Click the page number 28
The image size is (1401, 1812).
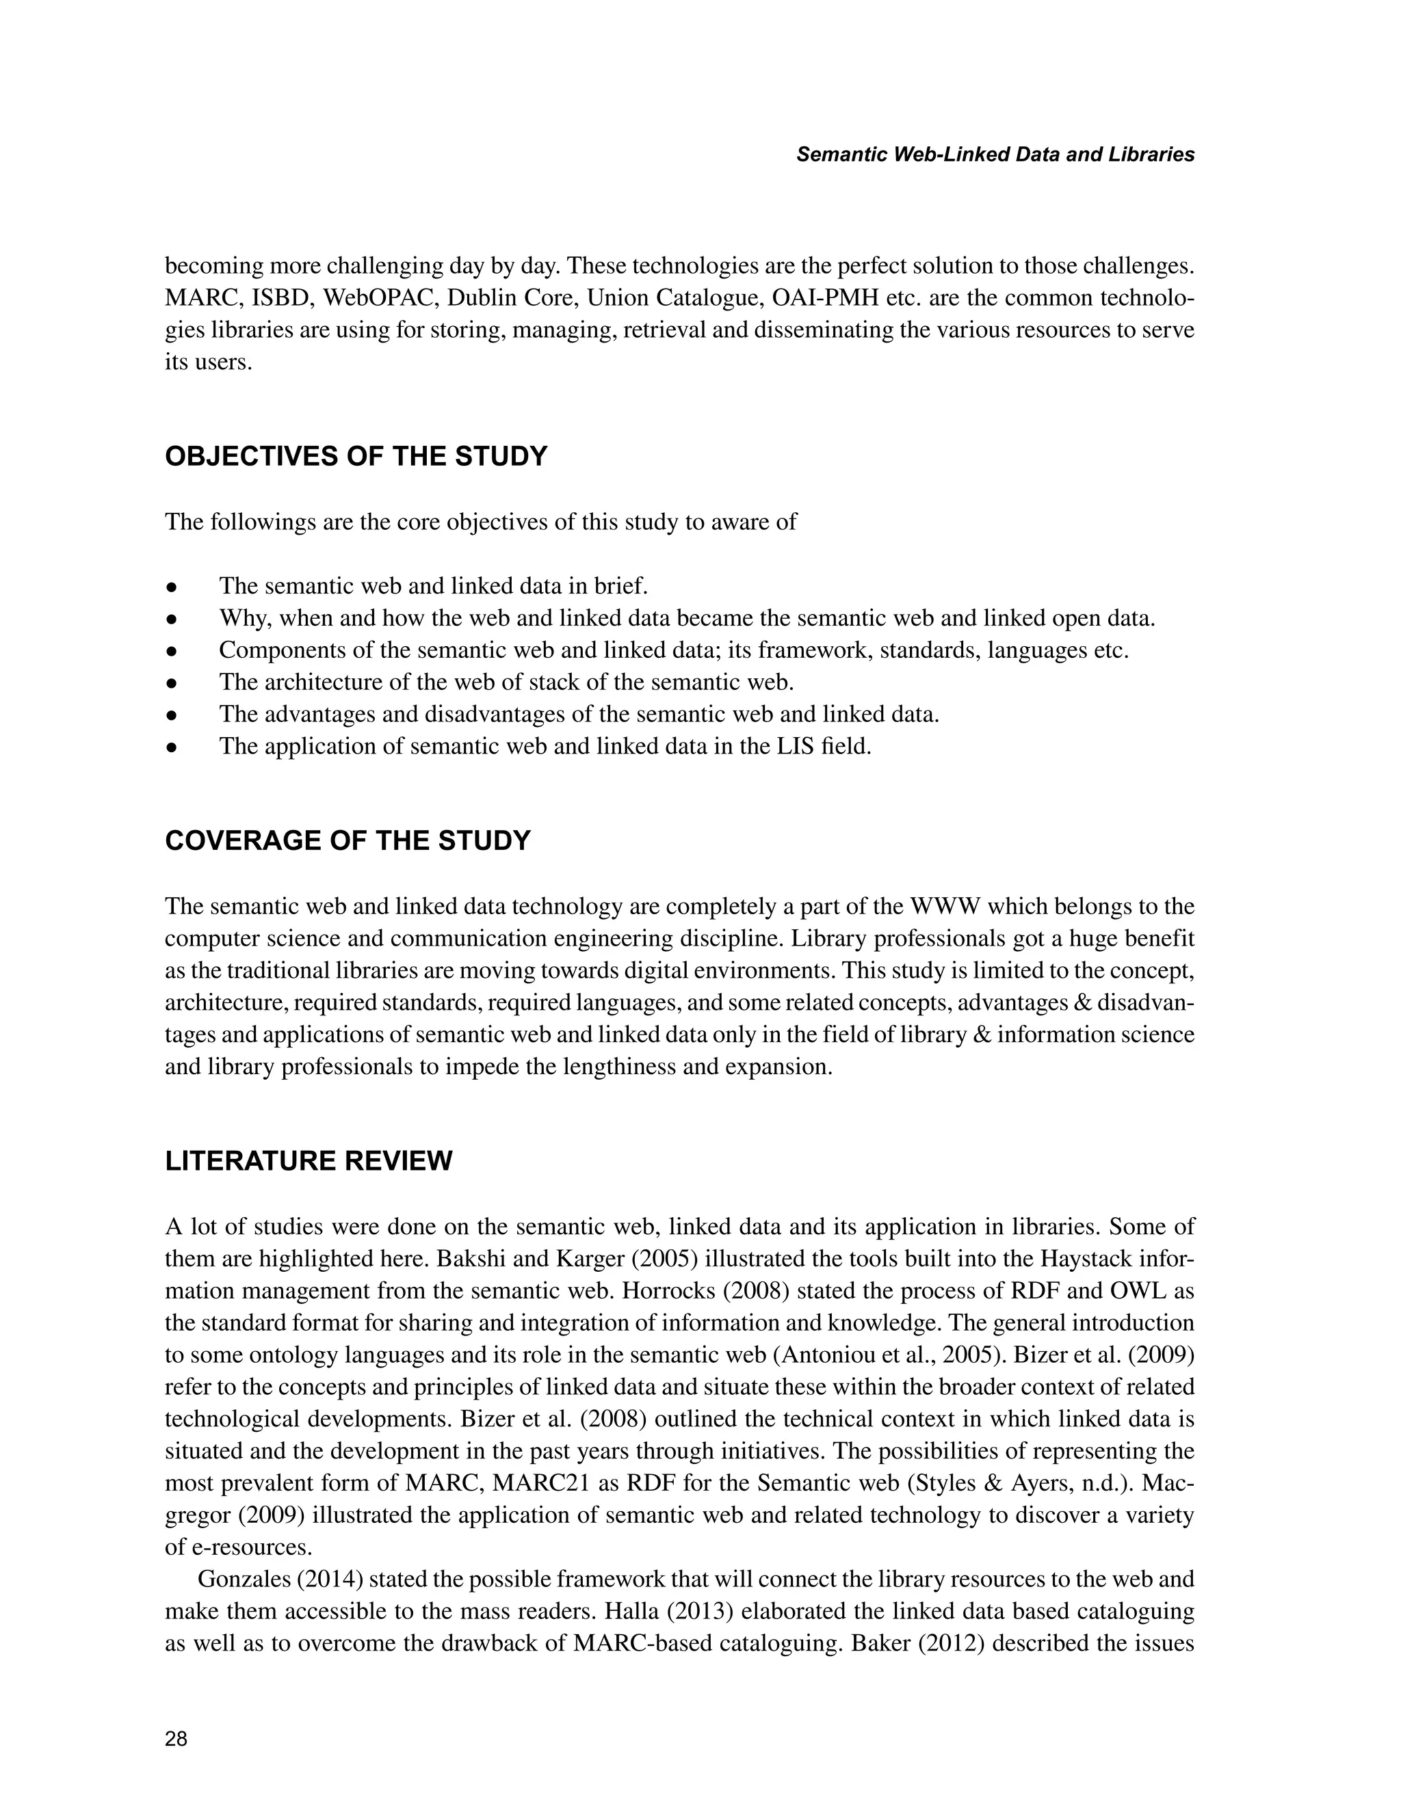tap(176, 1739)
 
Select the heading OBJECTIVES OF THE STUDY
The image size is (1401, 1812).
tap(356, 456)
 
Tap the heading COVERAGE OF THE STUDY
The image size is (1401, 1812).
tap(347, 840)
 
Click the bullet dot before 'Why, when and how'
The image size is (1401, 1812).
tap(172, 619)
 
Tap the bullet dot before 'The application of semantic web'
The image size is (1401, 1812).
tap(172, 747)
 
